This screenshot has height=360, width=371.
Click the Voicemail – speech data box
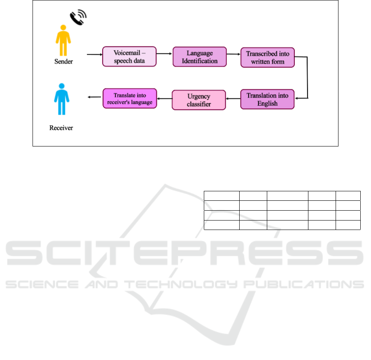[129, 56]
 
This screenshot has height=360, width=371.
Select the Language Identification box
[199, 57]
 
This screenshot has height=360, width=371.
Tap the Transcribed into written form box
[268, 58]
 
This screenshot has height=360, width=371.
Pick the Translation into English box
[267, 99]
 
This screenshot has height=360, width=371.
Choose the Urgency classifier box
[199, 100]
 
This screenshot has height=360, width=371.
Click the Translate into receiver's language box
[130, 99]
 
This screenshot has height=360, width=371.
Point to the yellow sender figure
[63, 40]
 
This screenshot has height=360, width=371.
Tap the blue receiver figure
[61, 99]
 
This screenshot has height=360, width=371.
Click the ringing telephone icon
[78, 17]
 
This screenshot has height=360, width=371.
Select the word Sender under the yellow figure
[63, 61]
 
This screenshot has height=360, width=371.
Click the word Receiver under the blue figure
[61, 128]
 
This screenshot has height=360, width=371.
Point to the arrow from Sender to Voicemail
[95, 54]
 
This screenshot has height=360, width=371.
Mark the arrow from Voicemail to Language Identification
[164, 53]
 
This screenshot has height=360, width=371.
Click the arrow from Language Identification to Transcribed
[233, 54]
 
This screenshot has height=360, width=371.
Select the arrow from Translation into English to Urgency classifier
[233, 99]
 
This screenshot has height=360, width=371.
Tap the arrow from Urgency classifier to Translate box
[164, 99]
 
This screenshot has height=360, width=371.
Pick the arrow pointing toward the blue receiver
[94, 97]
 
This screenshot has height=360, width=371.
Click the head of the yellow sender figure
[63, 28]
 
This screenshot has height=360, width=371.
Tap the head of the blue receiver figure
[62, 86]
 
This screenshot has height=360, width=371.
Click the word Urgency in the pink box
[199, 96]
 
